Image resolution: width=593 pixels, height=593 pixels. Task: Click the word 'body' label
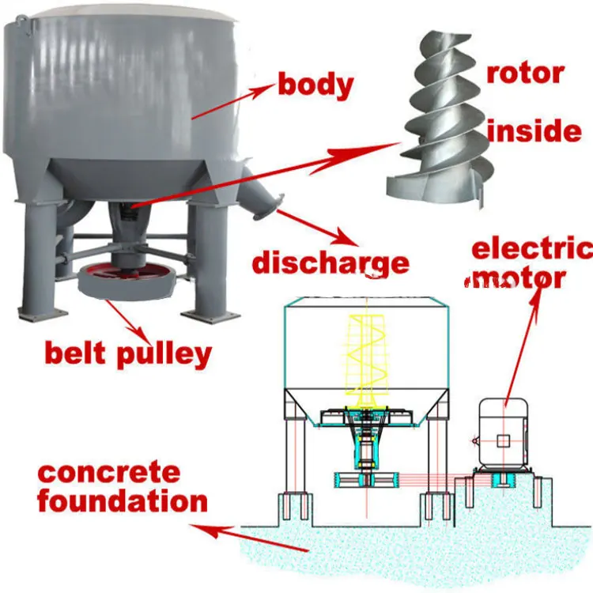[315, 85]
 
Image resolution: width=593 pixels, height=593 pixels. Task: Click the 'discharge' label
[330, 262]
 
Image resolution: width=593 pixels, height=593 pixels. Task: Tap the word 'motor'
[517, 278]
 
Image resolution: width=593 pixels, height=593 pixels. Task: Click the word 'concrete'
[109, 474]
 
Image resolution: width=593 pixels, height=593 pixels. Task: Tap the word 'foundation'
[123, 501]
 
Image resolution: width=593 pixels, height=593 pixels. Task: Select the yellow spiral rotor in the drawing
[363, 356]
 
